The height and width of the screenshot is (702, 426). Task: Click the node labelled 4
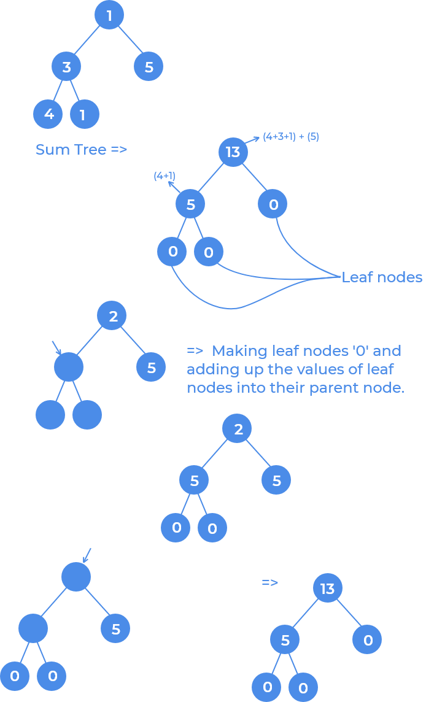(x=48, y=114)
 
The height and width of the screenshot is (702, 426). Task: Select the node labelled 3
(x=66, y=67)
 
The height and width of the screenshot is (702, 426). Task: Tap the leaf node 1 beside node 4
(x=84, y=114)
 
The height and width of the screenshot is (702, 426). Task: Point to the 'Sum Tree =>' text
(x=81, y=149)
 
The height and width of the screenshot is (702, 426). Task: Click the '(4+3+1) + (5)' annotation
(x=291, y=136)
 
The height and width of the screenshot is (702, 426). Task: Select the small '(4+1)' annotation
(x=165, y=177)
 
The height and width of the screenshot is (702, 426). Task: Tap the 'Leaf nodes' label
(x=381, y=277)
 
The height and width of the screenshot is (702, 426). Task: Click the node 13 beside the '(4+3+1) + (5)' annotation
(x=233, y=152)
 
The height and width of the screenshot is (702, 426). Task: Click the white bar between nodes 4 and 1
(x=66, y=114)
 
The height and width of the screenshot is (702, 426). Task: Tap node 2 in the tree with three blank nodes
(x=112, y=317)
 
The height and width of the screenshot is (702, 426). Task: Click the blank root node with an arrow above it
(x=76, y=577)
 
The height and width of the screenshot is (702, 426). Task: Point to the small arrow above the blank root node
(x=87, y=555)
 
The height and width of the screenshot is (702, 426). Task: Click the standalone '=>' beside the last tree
(x=270, y=582)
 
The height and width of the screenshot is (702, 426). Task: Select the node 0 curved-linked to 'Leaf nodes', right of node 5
(x=273, y=205)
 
